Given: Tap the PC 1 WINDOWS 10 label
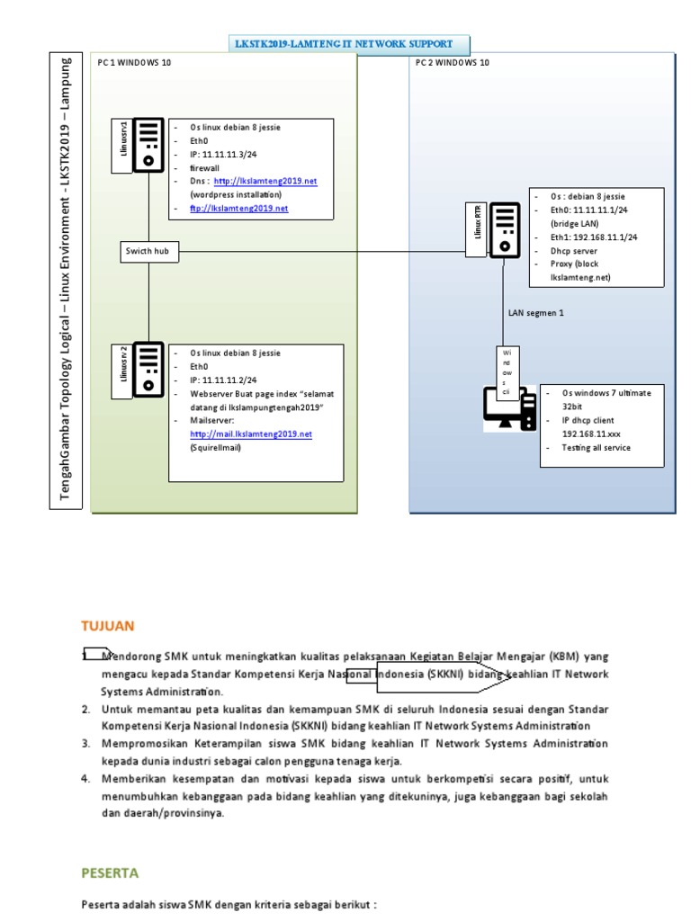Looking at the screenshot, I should [x=133, y=63].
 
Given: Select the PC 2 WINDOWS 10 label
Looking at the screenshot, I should [x=453, y=63].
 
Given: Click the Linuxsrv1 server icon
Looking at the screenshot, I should [x=148, y=145].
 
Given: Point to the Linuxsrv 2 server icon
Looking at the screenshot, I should [x=148, y=369].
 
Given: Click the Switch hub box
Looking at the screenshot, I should [x=148, y=252].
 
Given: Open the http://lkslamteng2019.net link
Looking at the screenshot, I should [x=265, y=181].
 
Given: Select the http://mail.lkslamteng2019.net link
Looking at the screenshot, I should [x=251, y=434].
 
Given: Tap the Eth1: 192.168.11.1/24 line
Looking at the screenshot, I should [x=594, y=237].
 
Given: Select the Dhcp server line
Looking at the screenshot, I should [x=573, y=251].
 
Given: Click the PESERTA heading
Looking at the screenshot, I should [x=111, y=872].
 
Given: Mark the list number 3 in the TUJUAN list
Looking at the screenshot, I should [x=86, y=744].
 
